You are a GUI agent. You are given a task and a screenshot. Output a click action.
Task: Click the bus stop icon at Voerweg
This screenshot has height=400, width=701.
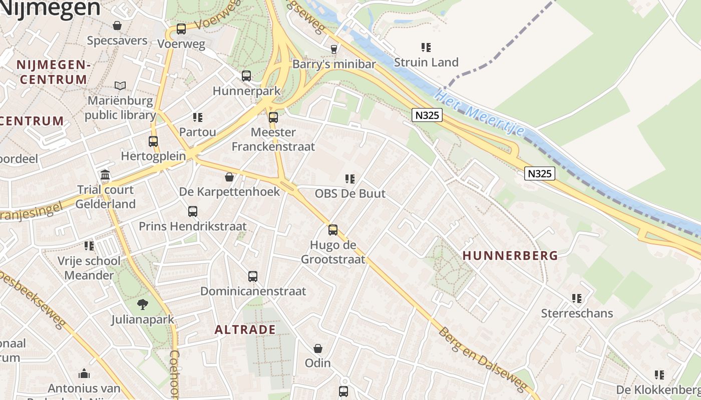(x=181, y=29)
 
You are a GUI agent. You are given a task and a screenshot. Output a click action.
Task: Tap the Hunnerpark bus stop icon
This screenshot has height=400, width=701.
(x=246, y=76)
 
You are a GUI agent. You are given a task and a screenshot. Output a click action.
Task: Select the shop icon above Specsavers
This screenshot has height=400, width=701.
(x=117, y=25)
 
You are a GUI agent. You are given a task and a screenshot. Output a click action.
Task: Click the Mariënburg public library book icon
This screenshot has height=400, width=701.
(x=120, y=85)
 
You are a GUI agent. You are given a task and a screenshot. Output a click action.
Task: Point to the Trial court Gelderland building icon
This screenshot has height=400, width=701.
(x=106, y=175)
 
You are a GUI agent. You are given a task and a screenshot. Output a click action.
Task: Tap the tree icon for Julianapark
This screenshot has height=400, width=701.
(x=143, y=304)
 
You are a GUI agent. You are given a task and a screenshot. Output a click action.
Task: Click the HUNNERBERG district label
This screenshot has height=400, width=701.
(x=510, y=255)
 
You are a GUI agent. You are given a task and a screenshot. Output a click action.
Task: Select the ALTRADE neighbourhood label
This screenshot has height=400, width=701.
(x=245, y=329)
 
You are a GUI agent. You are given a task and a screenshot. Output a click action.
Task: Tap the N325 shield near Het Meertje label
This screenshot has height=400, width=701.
(x=427, y=115)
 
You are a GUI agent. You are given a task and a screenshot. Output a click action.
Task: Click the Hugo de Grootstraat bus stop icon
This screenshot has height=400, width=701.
(x=333, y=230)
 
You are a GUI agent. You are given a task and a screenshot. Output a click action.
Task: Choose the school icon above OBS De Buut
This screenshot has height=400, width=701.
(x=350, y=178)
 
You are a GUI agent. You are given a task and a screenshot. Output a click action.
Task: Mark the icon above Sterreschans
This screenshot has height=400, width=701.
(x=577, y=298)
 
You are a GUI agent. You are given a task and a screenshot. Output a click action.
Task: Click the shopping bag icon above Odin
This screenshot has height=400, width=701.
(x=318, y=348)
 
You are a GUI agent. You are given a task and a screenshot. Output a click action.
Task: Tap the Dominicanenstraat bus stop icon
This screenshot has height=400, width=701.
(x=253, y=276)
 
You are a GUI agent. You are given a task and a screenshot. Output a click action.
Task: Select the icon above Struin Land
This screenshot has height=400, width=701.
(x=426, y=47)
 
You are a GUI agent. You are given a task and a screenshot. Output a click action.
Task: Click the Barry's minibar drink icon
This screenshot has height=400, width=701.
(x=334, y=49)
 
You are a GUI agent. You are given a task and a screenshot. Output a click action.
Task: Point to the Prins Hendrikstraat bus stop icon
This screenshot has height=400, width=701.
(x=193, y=211)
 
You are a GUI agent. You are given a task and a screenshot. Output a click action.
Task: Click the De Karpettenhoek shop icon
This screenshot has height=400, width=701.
(x=229, y=177)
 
